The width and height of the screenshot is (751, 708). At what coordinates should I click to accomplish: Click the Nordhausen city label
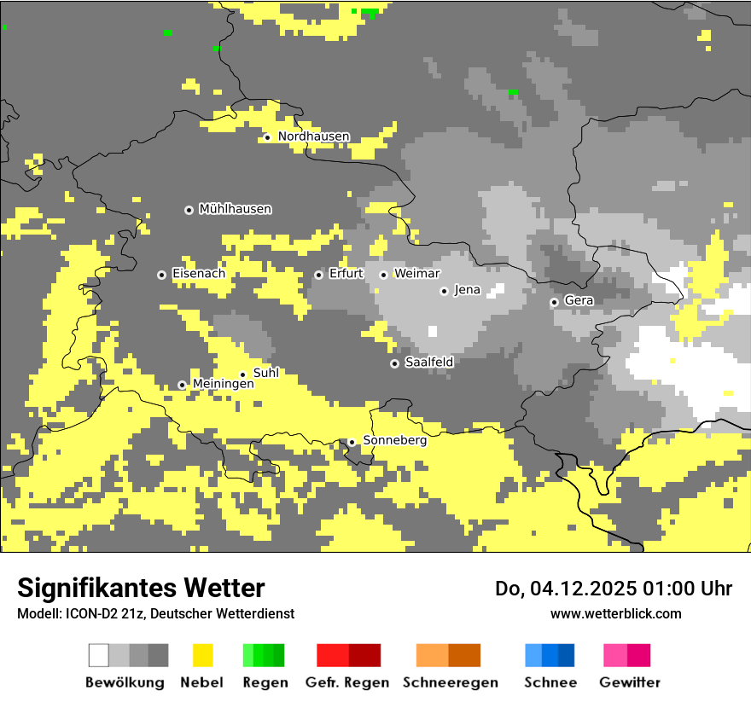pos(313,136)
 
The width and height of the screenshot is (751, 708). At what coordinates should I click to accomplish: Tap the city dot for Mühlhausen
pos(189,210)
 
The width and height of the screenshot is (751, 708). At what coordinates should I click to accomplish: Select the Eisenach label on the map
pos(199,274)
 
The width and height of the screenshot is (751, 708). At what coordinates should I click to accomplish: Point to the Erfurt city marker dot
pos(318,275)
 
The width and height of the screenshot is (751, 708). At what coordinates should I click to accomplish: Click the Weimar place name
pos(416,274)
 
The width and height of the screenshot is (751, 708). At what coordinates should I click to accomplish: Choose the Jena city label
pos(467,290)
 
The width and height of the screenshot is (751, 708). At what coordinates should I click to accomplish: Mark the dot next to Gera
pos(554,302)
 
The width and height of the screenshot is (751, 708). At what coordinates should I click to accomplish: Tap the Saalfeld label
pos(428,363)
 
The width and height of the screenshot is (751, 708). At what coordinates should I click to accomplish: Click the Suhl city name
pos(265,373)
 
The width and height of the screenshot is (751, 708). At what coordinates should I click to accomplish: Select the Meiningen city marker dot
pos(182,386)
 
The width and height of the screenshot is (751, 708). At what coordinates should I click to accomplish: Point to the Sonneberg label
pos(394,440)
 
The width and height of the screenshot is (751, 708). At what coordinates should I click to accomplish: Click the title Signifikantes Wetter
pos(141,588)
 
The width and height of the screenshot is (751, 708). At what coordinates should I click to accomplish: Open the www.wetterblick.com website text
pos(615,613)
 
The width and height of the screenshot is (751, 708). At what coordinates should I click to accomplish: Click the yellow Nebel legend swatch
pos(202,655)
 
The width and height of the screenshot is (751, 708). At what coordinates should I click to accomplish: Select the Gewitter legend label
pos(629,682)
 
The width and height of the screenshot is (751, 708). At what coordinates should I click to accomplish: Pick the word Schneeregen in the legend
pos(450,682)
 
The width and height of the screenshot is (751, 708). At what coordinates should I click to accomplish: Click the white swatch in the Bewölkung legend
pos(99,655)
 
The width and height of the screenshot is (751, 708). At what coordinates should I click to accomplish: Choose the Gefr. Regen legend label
pos(347,682)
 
